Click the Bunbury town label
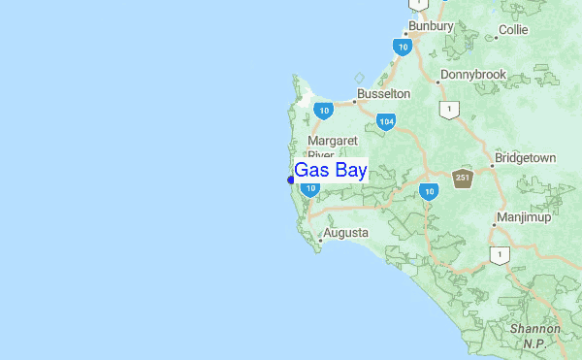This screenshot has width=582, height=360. click(x=431, y=25)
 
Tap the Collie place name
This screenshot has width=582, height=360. click(x=512, y=31)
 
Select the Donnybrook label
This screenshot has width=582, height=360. click(x=473, y=75)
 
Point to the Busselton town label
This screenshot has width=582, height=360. click(x=383, y=94)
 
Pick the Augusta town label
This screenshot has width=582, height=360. click(x=346, y=234)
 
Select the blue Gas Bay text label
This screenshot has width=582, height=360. click(x=330, y=171)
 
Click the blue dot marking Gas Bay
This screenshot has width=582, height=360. click(x=291, y=180)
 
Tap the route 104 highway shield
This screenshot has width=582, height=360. click(x=386, y=121)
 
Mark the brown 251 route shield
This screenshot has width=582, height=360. click(x=462, y=177)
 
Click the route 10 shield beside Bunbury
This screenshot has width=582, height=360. click(x=402, y=46)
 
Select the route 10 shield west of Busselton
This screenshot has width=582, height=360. click(x=324, y=111)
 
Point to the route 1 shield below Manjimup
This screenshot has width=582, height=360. click(x=500, y=255)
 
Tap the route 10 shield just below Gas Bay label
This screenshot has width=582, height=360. click(x=309, y=189)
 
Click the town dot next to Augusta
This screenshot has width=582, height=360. click(x=320, y=235)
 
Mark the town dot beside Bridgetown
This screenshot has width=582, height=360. click(x=491, y=166)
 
